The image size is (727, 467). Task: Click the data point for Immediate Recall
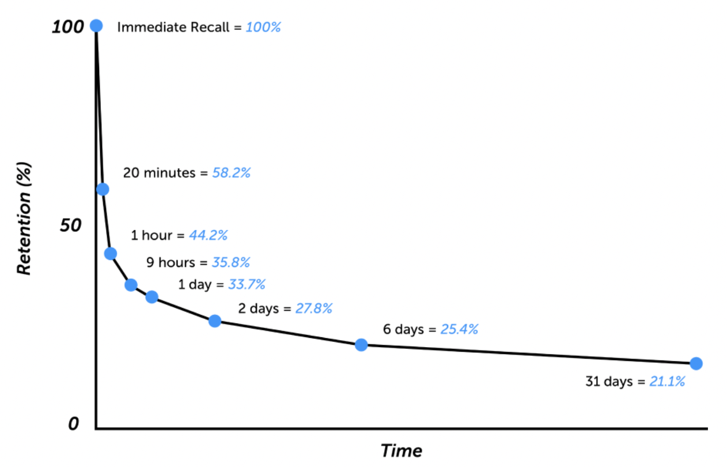click(96, 25)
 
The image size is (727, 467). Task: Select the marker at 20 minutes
click(103, 189)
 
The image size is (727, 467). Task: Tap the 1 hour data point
click(111, 254)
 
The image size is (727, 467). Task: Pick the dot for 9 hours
click(131, 285)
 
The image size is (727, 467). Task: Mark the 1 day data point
click(152, 297)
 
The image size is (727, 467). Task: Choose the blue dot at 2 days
click(215, 321)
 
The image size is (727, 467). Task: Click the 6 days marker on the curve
click(361, 345)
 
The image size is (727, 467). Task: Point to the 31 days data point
click(696, 364)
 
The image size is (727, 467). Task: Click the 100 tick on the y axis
click(68, 27)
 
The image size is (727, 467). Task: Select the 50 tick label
click(70, 225)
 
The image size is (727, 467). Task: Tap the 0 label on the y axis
click(74, 424)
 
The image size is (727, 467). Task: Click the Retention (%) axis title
click(24, 219)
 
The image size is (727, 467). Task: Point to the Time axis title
click(402, 451)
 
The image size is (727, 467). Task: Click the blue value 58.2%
click(232, 173)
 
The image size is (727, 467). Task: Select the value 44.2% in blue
click(209, 235)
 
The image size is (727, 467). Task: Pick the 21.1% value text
click(667, 381)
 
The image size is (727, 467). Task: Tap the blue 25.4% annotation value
click(459, 329)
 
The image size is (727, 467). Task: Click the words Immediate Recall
click(173, 27)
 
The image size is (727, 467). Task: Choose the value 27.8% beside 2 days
click(314, 308)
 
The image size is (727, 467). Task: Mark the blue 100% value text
click(263, 27)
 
